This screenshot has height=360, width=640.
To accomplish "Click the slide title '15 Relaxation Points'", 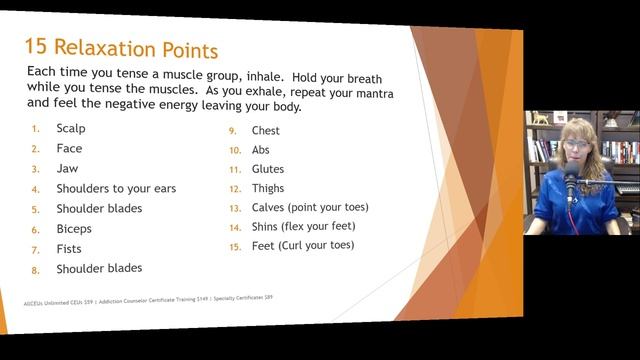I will [120, 48].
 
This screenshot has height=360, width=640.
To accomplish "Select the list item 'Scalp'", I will [71, 129].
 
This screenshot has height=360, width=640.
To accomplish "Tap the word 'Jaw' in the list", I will [67, 169].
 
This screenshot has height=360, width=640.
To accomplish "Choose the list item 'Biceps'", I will [74, 229].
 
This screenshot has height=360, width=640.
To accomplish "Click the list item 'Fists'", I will [69, 249].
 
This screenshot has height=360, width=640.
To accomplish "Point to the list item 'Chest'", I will [266, 131].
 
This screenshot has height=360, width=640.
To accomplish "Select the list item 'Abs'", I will [261, 150].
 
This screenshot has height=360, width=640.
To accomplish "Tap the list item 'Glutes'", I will [268, 169].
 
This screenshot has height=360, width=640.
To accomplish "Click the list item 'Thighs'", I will [268, 188].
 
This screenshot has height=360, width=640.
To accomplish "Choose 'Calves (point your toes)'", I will [310, 208].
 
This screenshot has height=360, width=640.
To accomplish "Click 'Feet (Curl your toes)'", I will [302, 246].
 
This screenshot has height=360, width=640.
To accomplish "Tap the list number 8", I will [36, 270].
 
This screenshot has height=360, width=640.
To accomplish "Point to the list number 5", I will [36, 210].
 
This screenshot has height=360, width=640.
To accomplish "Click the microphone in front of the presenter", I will [571, 184].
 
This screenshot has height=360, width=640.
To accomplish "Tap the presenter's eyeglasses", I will [577, 145].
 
